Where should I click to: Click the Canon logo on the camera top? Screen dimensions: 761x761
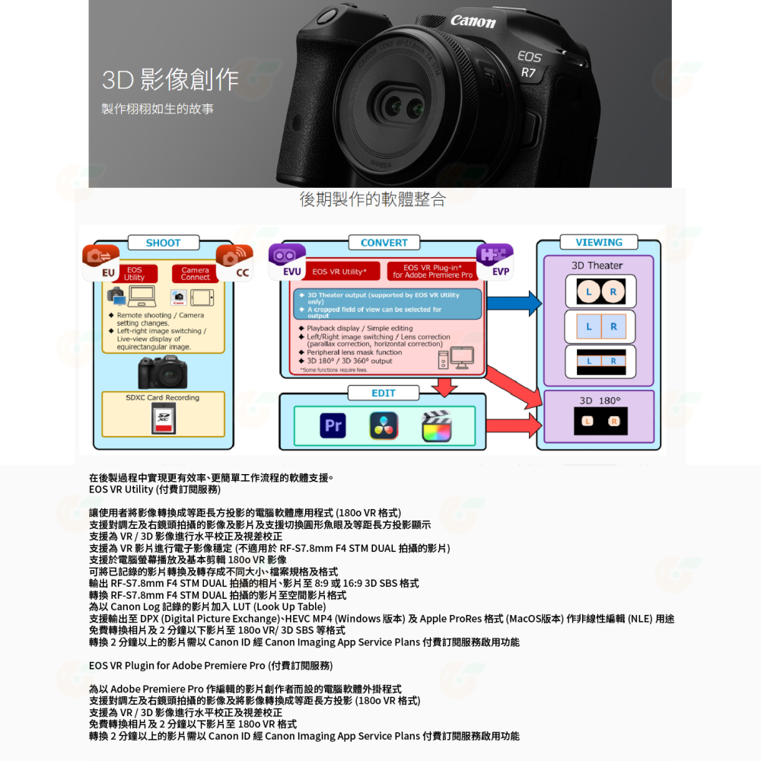473,21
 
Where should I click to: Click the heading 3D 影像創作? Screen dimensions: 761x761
170,79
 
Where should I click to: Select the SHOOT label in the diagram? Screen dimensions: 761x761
164,243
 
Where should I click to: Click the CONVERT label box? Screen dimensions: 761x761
384,243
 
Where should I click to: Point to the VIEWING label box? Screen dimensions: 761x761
598,243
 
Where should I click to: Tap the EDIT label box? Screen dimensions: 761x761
383,393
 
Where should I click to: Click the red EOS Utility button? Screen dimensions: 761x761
135,273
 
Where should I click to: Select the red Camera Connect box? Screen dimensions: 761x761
195,273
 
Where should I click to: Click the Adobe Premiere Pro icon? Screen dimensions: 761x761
333,426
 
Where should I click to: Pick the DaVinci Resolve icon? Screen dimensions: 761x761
384,426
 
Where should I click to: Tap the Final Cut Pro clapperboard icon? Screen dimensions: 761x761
437,426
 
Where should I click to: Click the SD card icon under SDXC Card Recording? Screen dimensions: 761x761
163,419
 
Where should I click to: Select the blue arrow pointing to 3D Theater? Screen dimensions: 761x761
514,304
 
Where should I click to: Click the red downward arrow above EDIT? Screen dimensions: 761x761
443,387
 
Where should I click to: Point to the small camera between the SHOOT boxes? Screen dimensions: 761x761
163,373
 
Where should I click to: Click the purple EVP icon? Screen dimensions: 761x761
495,260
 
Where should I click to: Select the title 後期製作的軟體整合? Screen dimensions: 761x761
373,199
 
